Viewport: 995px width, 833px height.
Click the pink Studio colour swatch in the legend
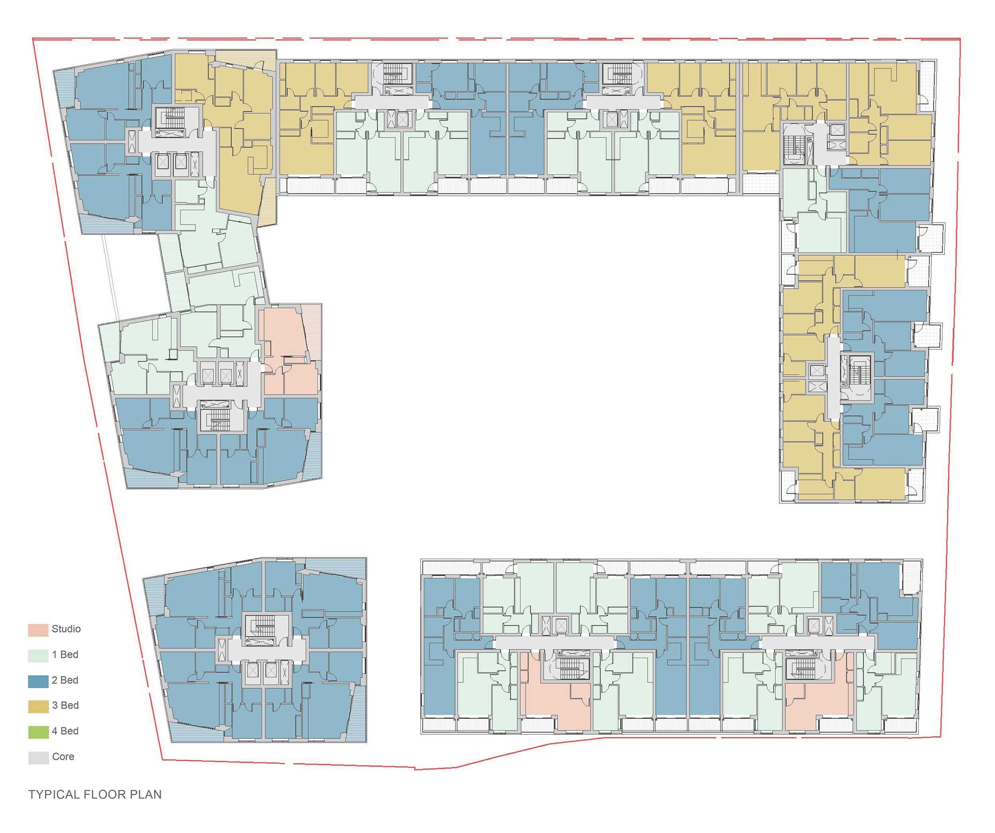38,630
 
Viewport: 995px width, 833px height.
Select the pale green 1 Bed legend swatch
38,655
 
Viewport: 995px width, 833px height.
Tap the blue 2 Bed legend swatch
38,681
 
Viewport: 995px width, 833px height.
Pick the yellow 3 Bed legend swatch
38,706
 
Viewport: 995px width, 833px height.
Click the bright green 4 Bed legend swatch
38,732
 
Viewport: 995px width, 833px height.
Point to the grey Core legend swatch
38,758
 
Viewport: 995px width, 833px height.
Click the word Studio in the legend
66,629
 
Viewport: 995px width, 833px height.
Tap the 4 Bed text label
65,731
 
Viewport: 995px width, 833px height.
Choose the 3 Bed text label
65,706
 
